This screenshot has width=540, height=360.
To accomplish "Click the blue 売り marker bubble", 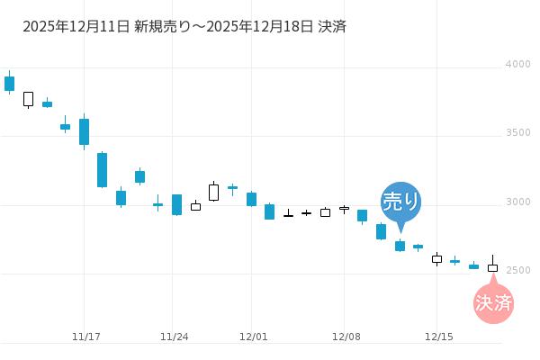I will tap(400, 200).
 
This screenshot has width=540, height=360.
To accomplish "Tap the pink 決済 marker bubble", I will tap(493, 302).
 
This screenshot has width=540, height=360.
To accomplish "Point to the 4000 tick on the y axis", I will tap(517, 65).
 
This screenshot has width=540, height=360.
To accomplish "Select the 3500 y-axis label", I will tap(517, 133).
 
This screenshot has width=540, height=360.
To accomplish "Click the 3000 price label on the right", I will tap(517, 202).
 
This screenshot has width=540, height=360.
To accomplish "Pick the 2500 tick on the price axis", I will tap(517, 270).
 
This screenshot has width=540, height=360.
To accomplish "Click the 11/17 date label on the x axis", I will tap(85, 337).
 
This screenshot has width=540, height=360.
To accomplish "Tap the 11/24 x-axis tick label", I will tap(174, 337).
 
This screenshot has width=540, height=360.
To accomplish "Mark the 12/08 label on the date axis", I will tap(346, 337).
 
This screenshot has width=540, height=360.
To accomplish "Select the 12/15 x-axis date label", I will tap(437, 337).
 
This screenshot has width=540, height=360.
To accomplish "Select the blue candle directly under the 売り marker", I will tap(400, 246).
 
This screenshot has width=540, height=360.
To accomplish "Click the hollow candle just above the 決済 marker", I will tap(492, 267).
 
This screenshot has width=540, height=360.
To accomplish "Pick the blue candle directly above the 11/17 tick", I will tap(84, 131).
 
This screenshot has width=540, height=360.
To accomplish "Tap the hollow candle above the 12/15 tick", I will tap(436, 259).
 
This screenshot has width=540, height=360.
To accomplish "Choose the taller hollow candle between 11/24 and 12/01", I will tap(213, 192).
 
